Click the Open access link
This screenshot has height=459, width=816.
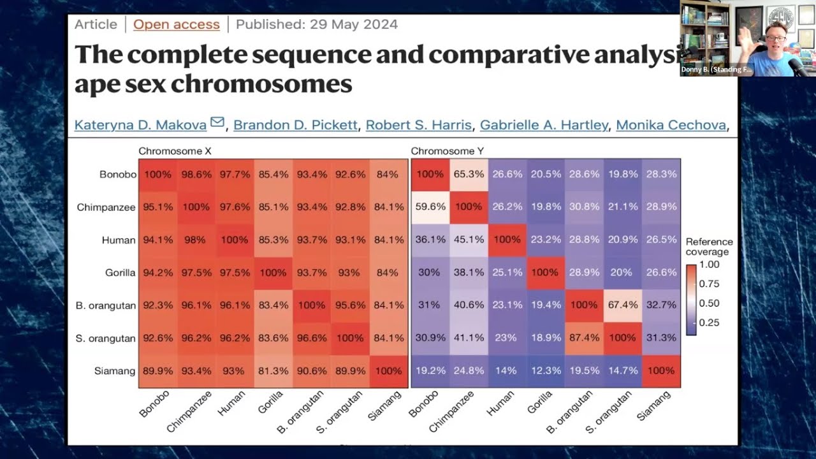tap(177, 25)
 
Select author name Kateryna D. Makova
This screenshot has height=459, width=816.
tap(140, 125)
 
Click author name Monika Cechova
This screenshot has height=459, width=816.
tap(671, 125)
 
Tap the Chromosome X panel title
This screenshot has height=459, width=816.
tap(175, 151)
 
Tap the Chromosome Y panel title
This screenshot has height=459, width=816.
tap(442, 151)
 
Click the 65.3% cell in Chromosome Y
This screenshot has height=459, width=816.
tap(469, 174)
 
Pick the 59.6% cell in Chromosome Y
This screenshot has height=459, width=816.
tap(430, 207)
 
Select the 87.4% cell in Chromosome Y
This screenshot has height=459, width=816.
tap(584, 338)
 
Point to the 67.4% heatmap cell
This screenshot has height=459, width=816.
tap(622, 305)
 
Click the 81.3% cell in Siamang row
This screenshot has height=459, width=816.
tap(273, 371)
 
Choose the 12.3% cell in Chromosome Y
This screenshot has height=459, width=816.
tap(545, 371)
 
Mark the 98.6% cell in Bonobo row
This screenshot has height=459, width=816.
tap(196, 174)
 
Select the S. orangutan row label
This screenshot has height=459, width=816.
tap(106, 339)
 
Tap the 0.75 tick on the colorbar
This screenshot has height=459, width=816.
tap(710, 284)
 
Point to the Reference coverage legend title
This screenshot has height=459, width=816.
tap(709, 247)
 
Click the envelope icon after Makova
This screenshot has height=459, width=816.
tap(217, 122)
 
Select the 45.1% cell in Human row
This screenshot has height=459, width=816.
tap(469, 240)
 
